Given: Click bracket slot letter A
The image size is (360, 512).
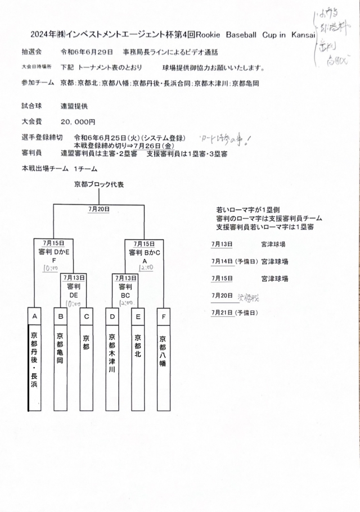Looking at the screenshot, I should (34, 316).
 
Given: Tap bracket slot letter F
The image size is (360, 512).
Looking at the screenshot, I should (163, 316).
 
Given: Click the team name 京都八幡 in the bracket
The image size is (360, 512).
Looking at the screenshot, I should (163, 347).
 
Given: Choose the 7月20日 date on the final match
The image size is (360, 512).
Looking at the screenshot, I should (99, 209).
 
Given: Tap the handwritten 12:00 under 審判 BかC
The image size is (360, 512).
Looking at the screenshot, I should (145, 268).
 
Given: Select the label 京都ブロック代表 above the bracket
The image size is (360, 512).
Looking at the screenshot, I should (99, 184).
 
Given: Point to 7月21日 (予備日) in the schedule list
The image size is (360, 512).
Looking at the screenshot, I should (234, 312).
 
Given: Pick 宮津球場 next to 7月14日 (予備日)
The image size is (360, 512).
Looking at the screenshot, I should (274, 261).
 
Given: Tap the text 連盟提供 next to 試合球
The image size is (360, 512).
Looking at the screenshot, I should (74, 106).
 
